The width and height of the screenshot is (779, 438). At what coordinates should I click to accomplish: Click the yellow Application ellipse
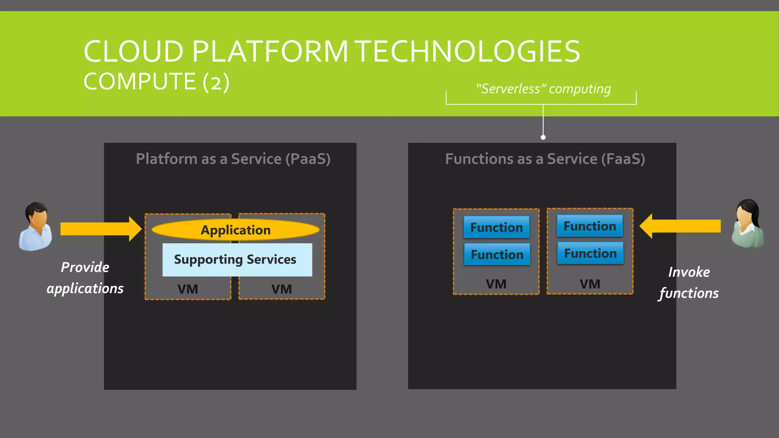pyautogui.click(x=235, y=230)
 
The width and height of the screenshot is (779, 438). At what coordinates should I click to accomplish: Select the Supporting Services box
pyautogui.click(x=237, y=260)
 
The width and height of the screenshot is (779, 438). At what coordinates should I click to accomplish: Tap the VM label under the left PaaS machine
pyautogui.click(x=188, y=289)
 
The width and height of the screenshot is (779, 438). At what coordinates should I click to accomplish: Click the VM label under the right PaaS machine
pyautogui.click(x=281, y=289)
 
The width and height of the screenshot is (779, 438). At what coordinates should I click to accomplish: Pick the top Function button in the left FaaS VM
pyautogui.click(x=496, y=227)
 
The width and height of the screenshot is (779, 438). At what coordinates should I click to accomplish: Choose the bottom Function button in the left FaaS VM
pyautogui.click(x=497, y=254)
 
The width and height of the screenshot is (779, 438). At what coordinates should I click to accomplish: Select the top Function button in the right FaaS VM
pyautogui.click(x=590, y=226)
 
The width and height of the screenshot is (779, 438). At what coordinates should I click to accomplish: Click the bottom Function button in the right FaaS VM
pyautogui.click(x=590, y=253)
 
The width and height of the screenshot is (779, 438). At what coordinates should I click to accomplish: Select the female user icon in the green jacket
pyautogui.click(x=747, y=224)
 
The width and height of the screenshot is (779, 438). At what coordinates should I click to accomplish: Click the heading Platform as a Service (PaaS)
pyautogui.click(x=233, y=159)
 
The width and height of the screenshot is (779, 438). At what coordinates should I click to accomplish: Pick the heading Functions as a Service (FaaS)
pyautogui.click(x=545, y=159)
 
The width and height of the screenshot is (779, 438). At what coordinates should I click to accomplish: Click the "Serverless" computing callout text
pyautogui.click(x=543, y=89)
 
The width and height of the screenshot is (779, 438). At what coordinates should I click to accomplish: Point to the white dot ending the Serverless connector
pyautogui.click(x=543, y=137)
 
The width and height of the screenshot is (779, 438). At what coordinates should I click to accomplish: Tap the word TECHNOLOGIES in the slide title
pyautogui.click(x=468, y=52)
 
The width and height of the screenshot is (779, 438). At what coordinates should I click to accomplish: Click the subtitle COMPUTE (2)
pyautogui.click(x=156, y=82)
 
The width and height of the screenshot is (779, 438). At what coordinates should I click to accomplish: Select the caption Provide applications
pyautogui.click(x=85, y=278)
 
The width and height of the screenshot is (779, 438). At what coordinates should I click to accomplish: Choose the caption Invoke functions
pyautogui.click(x=689, y=282)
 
